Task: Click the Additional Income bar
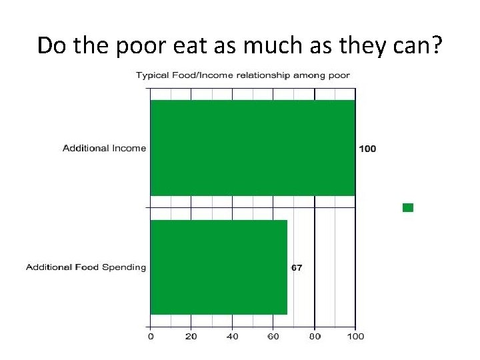coord(253,147)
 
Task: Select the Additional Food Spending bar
coord(219,267)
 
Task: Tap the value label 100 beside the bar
coord(367,148)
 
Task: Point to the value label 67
coord(297,267)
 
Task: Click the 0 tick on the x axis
coord(151,337)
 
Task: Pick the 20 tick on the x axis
coord(191,337)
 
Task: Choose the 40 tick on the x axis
coord(232,337)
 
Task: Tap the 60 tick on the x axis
coord(273,337)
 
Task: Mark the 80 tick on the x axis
coord(315,337)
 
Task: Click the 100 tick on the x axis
coord(356,337)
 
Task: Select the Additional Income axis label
coord(104,148)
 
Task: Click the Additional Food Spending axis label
coord(85,267)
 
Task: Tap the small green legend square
coord(408,207)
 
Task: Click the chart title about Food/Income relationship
coord(243,75)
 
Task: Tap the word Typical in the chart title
coord(153,75)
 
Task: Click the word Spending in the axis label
coord(123,267)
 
